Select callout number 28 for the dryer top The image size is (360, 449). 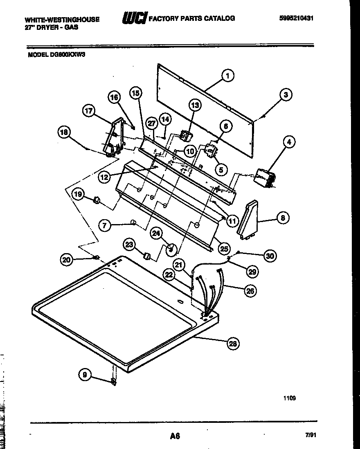(x=233, y=343)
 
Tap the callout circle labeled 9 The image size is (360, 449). (x=85, y=374)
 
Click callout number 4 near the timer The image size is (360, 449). (x=289, y=142)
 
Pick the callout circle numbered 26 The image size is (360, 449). (x=250, y=291)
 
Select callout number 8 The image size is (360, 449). (x=283, y=218)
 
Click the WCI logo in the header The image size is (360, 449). (x=134, y=18)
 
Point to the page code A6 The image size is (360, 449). (x=175, y=436)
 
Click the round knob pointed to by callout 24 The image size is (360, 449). (x=171, y=248)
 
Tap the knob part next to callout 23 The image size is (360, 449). (x=146, y=256)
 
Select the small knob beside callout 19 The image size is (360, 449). (x=97, y=200)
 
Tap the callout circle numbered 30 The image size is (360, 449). (x=270, y=256)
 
